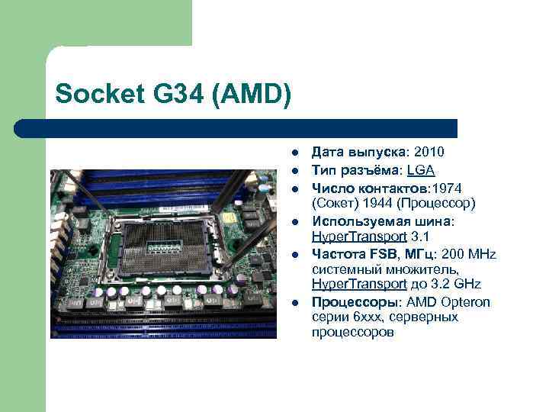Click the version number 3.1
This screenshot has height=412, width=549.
pyautogui.click(x=420, y=236)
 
